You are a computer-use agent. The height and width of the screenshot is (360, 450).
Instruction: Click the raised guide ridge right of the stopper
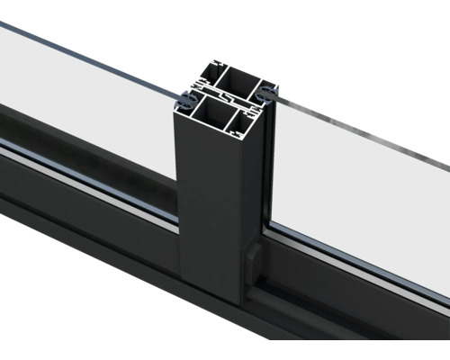(297, 297)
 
